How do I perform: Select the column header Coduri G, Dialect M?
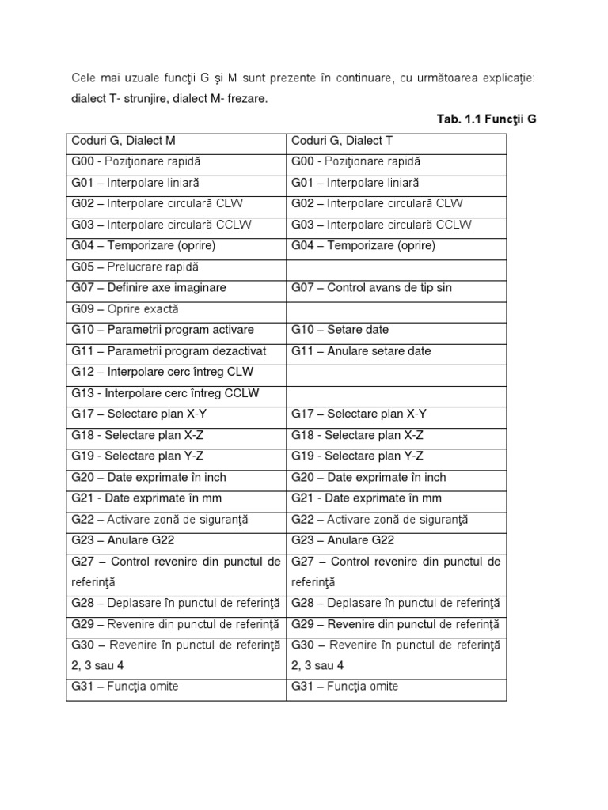pos(123,141)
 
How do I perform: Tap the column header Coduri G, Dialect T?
pos(343,141)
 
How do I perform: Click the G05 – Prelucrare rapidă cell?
pos(135,267)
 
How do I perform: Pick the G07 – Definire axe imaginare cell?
pos(149,288)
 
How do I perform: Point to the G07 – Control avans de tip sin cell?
pos(371,288)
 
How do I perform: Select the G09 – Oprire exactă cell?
pos(125,308)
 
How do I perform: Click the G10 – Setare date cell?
pos(340,330)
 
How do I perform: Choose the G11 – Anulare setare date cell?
pos(361,350)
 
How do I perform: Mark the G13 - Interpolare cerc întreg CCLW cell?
pos(165,393)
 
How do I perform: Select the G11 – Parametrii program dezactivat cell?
pos(169,350)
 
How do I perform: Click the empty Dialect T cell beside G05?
pos(396,267)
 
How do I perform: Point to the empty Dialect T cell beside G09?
pos(396,308)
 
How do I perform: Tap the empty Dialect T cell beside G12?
pos(396,372)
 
